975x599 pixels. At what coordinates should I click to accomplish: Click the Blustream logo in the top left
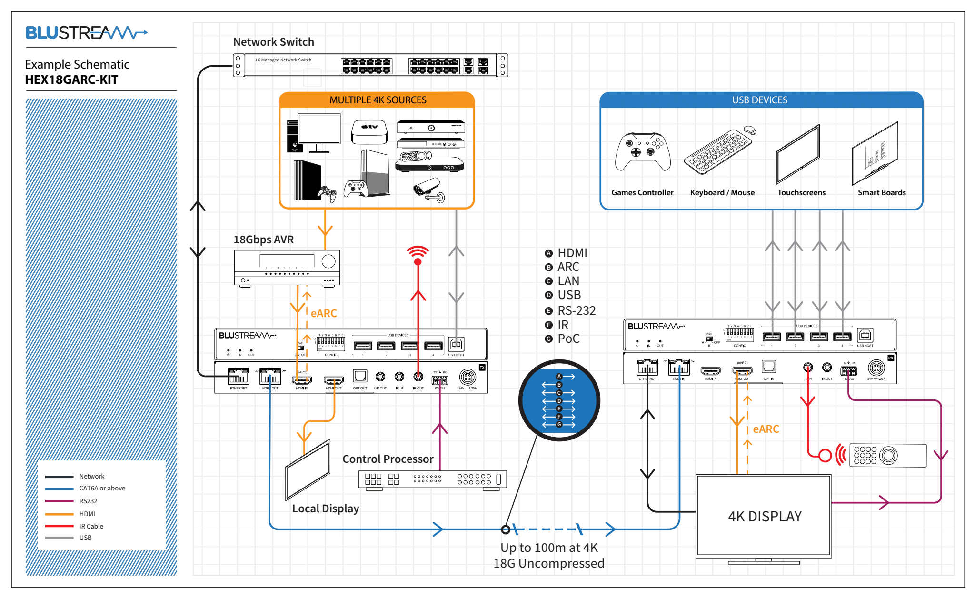pos(86,33)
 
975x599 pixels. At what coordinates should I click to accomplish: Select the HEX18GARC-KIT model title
pos(71,80)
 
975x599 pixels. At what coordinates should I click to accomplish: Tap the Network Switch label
pos(273,42)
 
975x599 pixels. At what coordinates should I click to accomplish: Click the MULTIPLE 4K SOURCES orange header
pos(377,100)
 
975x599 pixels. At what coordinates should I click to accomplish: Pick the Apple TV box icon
pos(369,131)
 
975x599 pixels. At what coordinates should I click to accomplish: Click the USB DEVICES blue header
pos(760,100)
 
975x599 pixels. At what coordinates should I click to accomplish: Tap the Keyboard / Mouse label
pos(722,192)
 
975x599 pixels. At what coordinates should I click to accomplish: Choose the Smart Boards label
pos(882,192)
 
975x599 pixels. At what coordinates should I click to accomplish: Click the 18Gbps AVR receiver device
pos(287,268)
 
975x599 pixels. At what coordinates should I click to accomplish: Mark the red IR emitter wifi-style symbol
pos(418,254)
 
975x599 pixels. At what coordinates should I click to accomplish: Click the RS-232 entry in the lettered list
pos(577,310)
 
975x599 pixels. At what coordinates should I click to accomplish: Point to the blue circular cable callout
pos(559,400)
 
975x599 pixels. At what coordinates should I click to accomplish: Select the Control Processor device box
pos(432,479)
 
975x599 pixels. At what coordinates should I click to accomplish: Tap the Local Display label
pos(326,509)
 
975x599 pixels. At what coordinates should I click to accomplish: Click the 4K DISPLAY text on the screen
pos(765,517)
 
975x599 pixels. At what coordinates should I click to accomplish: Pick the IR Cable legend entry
pos(91,526)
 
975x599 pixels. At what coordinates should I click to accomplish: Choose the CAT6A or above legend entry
pos(102,488)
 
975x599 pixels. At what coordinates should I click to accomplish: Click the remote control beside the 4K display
pos(887,455)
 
